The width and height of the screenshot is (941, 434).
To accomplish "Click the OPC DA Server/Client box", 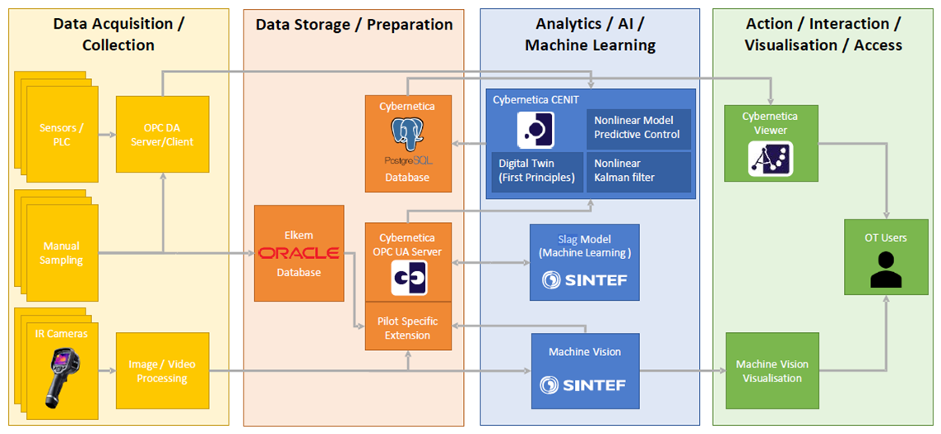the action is pos(163,138).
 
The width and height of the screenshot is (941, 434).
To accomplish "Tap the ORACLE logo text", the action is pos(299,253).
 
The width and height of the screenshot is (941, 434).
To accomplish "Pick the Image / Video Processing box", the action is pos(163,371).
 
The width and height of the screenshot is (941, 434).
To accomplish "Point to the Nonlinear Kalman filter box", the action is pos(638,172).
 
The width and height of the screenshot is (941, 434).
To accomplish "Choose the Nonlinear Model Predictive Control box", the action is pos(638,129).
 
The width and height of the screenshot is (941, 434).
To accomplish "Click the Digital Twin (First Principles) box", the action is pos(537,172).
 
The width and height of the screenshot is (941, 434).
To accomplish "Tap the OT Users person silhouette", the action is pos(886,270).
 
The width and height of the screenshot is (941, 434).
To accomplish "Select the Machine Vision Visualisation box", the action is pos(772,371).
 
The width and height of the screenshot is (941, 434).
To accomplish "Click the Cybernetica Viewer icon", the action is pos(771,159).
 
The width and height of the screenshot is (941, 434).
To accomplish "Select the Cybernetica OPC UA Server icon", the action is pos(410,278).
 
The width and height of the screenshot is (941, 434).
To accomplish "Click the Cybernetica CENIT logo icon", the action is pos(536,130).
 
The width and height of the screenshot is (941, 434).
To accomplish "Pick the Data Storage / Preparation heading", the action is pos(354,25).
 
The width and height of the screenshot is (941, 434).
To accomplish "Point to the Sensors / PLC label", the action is pos(62,136).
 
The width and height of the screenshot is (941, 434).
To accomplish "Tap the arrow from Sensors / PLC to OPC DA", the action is pos(107,136).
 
